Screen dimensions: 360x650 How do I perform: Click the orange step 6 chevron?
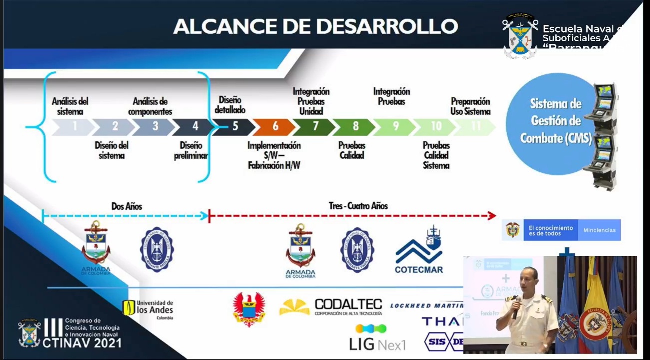pos(274,127)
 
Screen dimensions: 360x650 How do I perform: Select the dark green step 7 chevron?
pos(314,127)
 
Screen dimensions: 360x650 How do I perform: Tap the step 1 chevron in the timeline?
pos(74,127)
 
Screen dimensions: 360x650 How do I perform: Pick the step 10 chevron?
pos(435,127)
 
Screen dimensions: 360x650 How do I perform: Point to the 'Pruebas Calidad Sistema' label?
pos(436,155)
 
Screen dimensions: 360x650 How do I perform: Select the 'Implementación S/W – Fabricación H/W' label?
pos(274,155)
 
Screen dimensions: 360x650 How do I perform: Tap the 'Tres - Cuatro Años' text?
pos(358,206)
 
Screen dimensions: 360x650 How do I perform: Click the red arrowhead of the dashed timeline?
pos(492,216)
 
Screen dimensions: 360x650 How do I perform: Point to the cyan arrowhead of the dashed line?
pos(204,216)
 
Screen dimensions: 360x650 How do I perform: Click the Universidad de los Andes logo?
pos(148,309)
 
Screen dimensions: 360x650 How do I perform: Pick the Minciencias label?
pos(599,230)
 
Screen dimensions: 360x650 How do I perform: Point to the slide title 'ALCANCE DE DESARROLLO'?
pos(315,26)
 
